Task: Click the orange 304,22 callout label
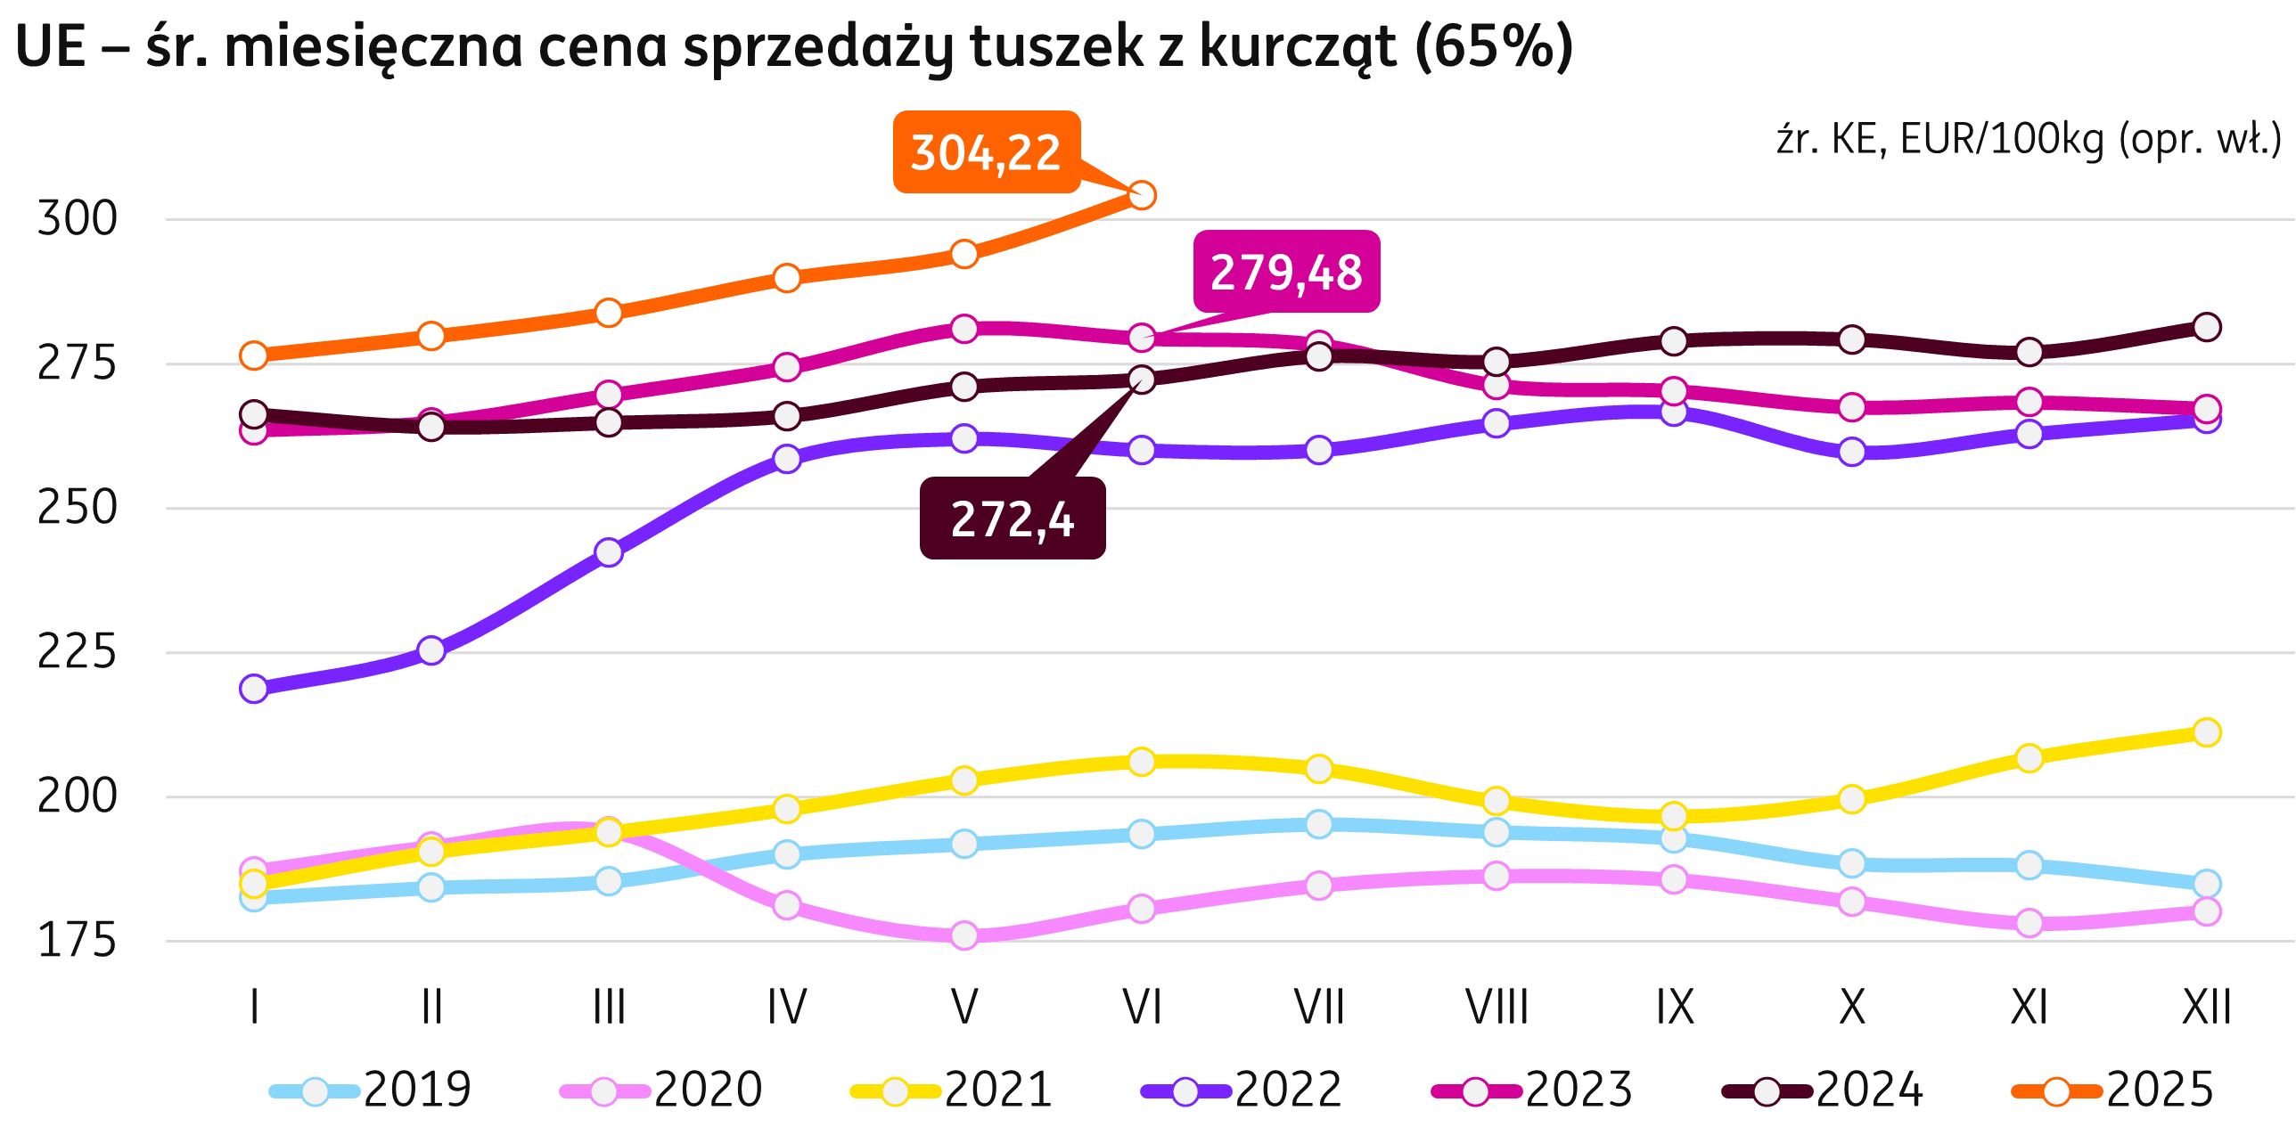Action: tap(986, 152)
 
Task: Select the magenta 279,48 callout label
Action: tap(1286, 272)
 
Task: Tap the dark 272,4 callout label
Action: tap(1013, 519)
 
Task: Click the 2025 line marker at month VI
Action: tap(1142, 195)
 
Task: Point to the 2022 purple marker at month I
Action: tap(254, 689)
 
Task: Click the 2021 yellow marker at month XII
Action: tap(2206, 733)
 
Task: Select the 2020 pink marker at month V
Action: tap(963, 935)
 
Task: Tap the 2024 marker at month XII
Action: tap(2206, 327)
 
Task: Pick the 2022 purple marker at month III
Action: tap(609, 552)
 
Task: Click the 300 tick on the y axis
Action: tap(77, 219)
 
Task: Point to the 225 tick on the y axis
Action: tap(77, 652)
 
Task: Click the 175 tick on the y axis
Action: tap(77, 941)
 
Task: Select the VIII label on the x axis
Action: tap(1496, 1008)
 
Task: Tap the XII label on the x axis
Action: tap(2206, 1008)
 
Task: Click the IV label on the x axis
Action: tap(786, 1008)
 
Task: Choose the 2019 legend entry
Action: tap(371, 1090)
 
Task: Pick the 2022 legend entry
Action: tap(1242, 1090)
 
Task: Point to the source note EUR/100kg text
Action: tap(2002, 140)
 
